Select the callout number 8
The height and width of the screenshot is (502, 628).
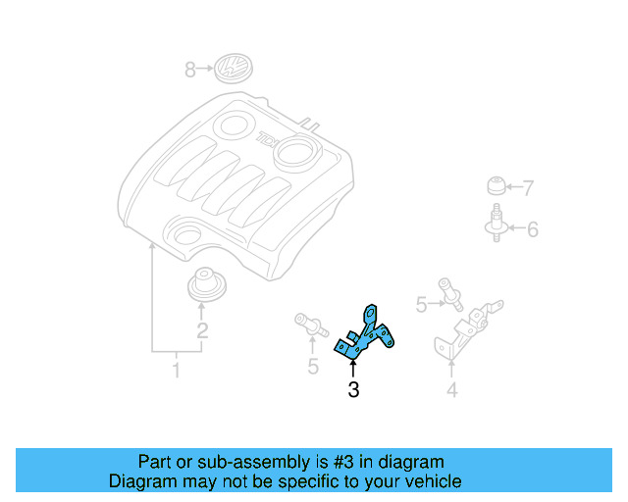click(190, 70)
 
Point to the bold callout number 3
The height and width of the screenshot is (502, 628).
click(353, 390)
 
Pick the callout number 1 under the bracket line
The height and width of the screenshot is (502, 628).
click(177, 371)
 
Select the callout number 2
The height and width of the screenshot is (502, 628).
click(202, 330)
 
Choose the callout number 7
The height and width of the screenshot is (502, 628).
click(528, 187)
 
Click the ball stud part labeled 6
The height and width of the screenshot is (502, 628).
click(497, 224)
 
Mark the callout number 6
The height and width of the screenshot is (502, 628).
click(532, 230)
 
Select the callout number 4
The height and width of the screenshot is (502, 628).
click(451, 391)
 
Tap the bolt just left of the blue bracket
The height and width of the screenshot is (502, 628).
click(310, 325)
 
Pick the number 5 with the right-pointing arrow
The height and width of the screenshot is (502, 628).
click(421, 305)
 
